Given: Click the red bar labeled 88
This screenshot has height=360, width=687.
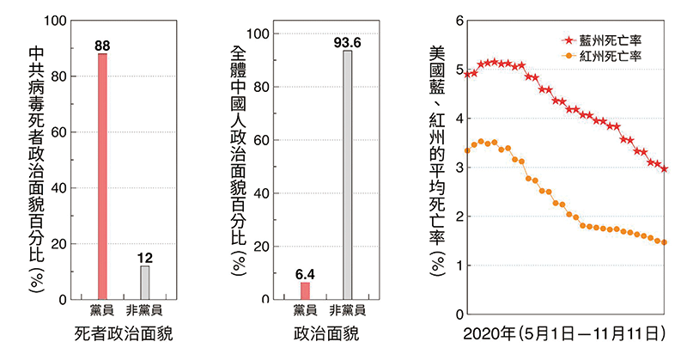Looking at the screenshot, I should tap(102, 176).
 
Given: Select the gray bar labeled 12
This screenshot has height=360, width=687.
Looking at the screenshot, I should tap(145, 283).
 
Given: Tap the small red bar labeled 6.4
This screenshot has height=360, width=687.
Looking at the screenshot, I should tap(305, 290).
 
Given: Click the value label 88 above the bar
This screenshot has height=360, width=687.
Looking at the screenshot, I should tap(102, 45).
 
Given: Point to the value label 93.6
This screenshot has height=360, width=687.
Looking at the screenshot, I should tap(347, 41).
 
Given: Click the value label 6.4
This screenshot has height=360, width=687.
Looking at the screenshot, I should tap(305, 274).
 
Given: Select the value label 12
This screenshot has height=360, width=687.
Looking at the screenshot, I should tap(145, 258).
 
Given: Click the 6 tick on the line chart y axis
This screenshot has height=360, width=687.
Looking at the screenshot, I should tap(460, 21).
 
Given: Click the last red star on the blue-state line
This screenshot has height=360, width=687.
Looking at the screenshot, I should tap(665, 169).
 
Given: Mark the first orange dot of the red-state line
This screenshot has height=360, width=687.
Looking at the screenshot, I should tap(468, 150).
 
